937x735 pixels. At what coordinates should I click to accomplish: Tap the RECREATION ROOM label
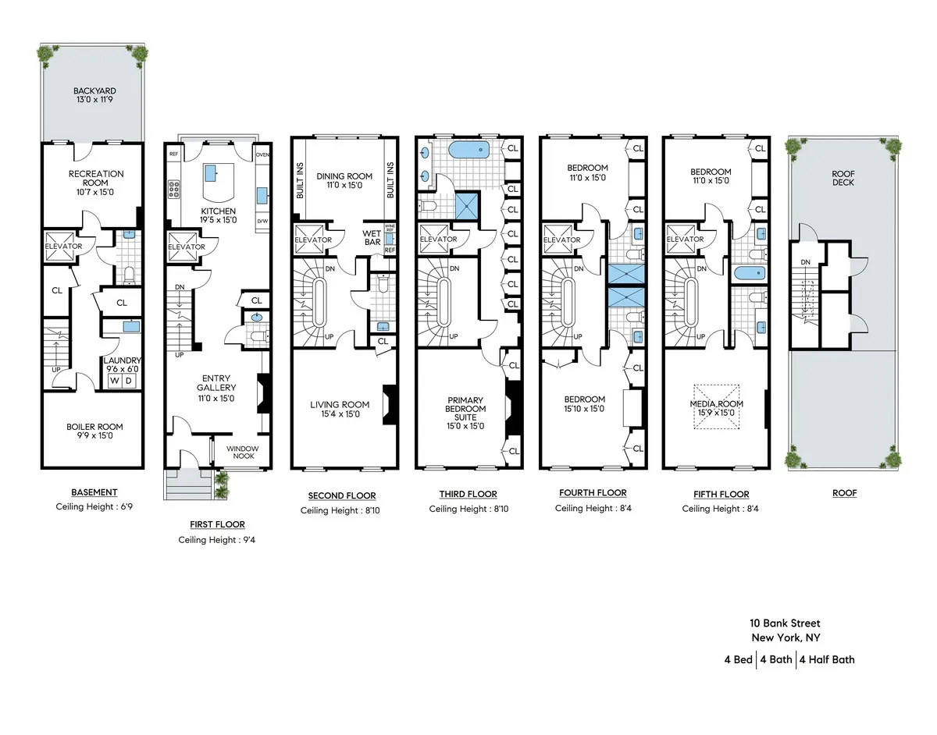tap(95, 179)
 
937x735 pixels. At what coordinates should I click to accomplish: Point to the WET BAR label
tap(371, 237)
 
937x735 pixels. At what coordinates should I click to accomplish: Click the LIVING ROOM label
tap(334, 409)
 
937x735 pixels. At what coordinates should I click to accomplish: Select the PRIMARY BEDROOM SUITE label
tap(465, 413)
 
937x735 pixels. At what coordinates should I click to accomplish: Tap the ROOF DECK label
tap(843, 177)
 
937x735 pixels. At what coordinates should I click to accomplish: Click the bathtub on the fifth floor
tap(749, 273)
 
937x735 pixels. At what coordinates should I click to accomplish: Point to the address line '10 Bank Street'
tap(785, 623)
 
